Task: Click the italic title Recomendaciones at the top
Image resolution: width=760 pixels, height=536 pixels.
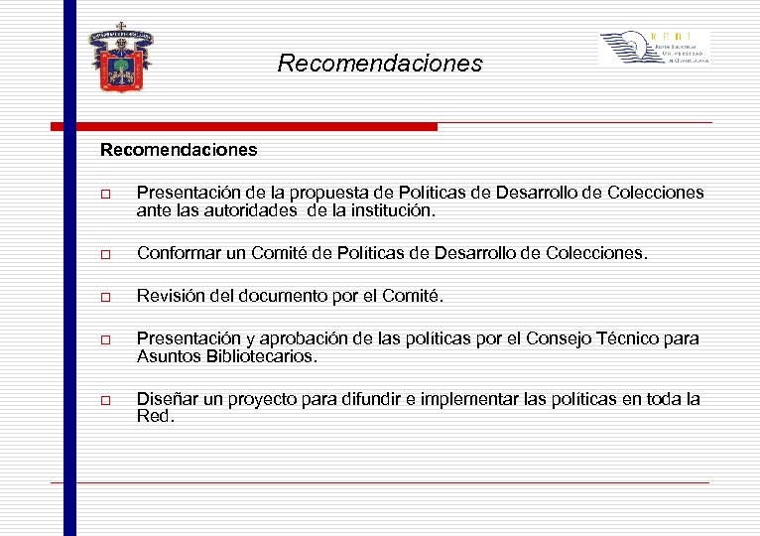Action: (379, 65)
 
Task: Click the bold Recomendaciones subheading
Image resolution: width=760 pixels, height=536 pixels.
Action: (178, 151)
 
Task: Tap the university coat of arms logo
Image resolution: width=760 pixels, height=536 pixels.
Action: (123, 58)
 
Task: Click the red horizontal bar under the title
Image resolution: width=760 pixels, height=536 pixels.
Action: (244, 127)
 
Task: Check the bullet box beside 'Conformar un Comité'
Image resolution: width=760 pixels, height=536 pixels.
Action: (105, 255)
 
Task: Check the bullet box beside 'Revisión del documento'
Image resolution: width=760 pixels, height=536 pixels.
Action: (105, 298)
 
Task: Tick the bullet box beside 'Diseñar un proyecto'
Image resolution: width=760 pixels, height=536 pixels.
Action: (105, 400)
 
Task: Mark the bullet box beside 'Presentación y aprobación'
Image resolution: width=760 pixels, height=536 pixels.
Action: (105, 340)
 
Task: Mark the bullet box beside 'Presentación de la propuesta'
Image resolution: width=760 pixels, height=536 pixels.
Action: (105, 194)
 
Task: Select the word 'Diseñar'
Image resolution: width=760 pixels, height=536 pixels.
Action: (166, 399)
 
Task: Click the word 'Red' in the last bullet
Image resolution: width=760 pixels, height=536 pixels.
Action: (154, 417)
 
